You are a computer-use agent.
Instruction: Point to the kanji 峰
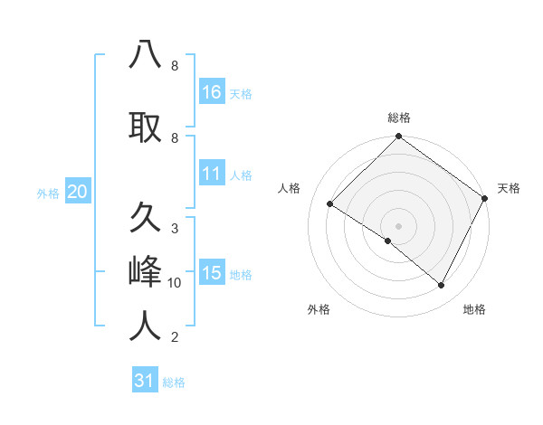[x=145, y=271]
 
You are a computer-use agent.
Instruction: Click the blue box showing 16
[x=212, y=92]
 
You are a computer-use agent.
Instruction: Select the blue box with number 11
[x=212, y=174]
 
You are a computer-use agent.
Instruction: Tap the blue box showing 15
[x=212, y=273]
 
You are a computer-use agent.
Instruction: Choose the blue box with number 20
[x=78, y=192]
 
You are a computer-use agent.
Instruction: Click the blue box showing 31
[x=145, y=381]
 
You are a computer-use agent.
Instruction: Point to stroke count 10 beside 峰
[x=175, y=283]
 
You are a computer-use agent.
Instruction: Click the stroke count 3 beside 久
[x=175, y=228]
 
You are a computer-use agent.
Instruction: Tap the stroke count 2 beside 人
[x=175, y=337]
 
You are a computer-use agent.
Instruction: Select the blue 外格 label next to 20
[x=48, y=193]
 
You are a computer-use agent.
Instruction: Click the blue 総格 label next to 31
[x=174, y=382]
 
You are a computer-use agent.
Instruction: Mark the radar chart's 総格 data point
[x=398, y=137]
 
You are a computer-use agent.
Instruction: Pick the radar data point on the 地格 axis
[x=442, y=286]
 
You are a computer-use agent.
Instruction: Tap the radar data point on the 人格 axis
[x=330, y=204]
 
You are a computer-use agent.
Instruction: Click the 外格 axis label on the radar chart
[x=319, y=310]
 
